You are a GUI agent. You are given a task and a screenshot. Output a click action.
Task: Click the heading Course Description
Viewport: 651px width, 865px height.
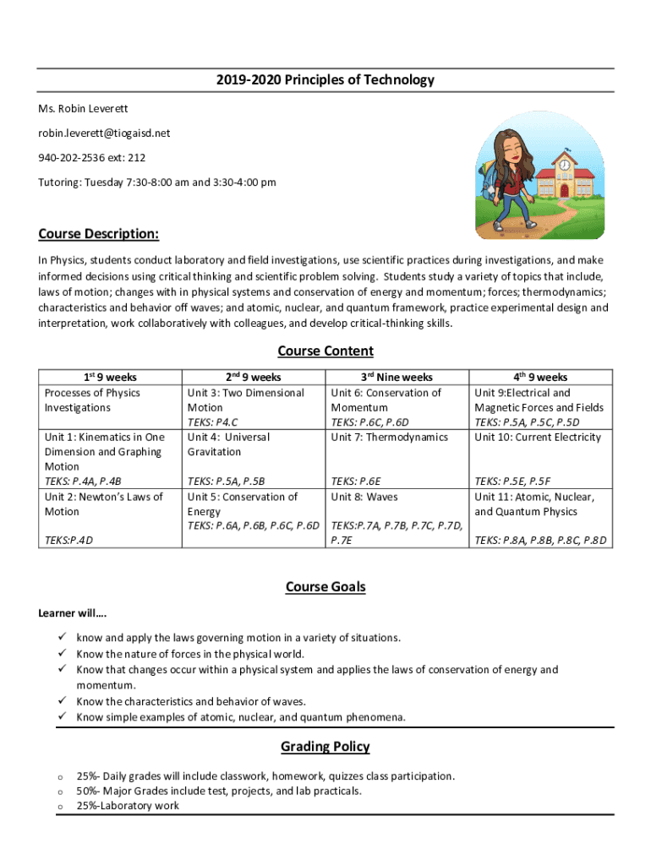(x=98, y=233)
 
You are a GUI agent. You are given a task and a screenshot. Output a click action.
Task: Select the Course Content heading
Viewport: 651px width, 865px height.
(x=325, y=351)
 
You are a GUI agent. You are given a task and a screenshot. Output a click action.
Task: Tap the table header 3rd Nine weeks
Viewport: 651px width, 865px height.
(x=397, y=378)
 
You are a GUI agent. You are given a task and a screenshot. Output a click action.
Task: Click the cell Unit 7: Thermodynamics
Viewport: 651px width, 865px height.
(x=389, y=437)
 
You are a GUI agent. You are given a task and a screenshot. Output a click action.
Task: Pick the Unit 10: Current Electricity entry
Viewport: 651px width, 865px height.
(x=537, y=437)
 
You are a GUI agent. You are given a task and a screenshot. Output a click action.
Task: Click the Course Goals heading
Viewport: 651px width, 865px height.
(x=325, y=586)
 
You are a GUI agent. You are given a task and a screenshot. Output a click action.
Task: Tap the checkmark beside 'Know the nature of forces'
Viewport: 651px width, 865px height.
(x=62, y=654)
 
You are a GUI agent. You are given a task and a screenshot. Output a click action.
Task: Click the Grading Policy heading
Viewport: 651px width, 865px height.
(x=325, y=746)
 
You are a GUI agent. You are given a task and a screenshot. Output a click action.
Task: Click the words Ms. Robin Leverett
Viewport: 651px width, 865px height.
(x=83, y=108)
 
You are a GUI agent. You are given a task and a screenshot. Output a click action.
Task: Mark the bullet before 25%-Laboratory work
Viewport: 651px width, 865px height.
(x=61, y=806)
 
